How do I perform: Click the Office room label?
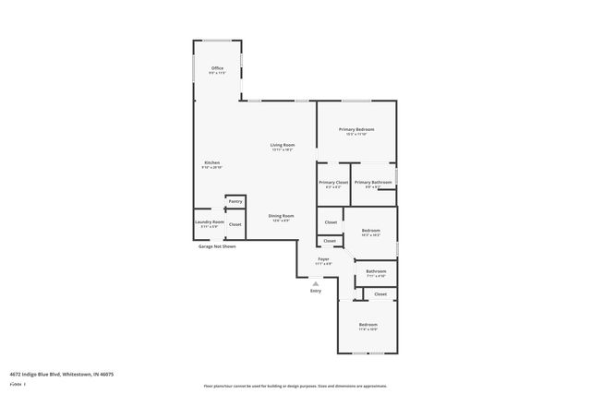[217, 68]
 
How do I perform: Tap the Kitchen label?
[212, 162]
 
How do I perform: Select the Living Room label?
[283, 145]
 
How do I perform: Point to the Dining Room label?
[281, 216]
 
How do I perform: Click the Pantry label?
[235, 201]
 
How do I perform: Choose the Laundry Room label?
[209, 222]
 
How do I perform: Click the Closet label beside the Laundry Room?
[235, 224]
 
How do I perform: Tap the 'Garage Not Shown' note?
[217, 246]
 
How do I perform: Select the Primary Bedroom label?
[356, 129]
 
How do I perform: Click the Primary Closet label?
[333, 183]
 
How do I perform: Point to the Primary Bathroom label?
[373, 183]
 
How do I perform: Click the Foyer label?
[323, 259]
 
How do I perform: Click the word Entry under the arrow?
[316, 292]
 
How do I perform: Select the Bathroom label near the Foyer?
[376, 271]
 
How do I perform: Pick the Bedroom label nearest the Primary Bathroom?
[371, 230]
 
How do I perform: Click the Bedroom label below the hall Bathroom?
[368, 325]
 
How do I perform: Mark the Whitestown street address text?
[61, 375]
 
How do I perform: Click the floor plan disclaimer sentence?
[295, 386]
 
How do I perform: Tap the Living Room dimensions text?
[283, 150]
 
